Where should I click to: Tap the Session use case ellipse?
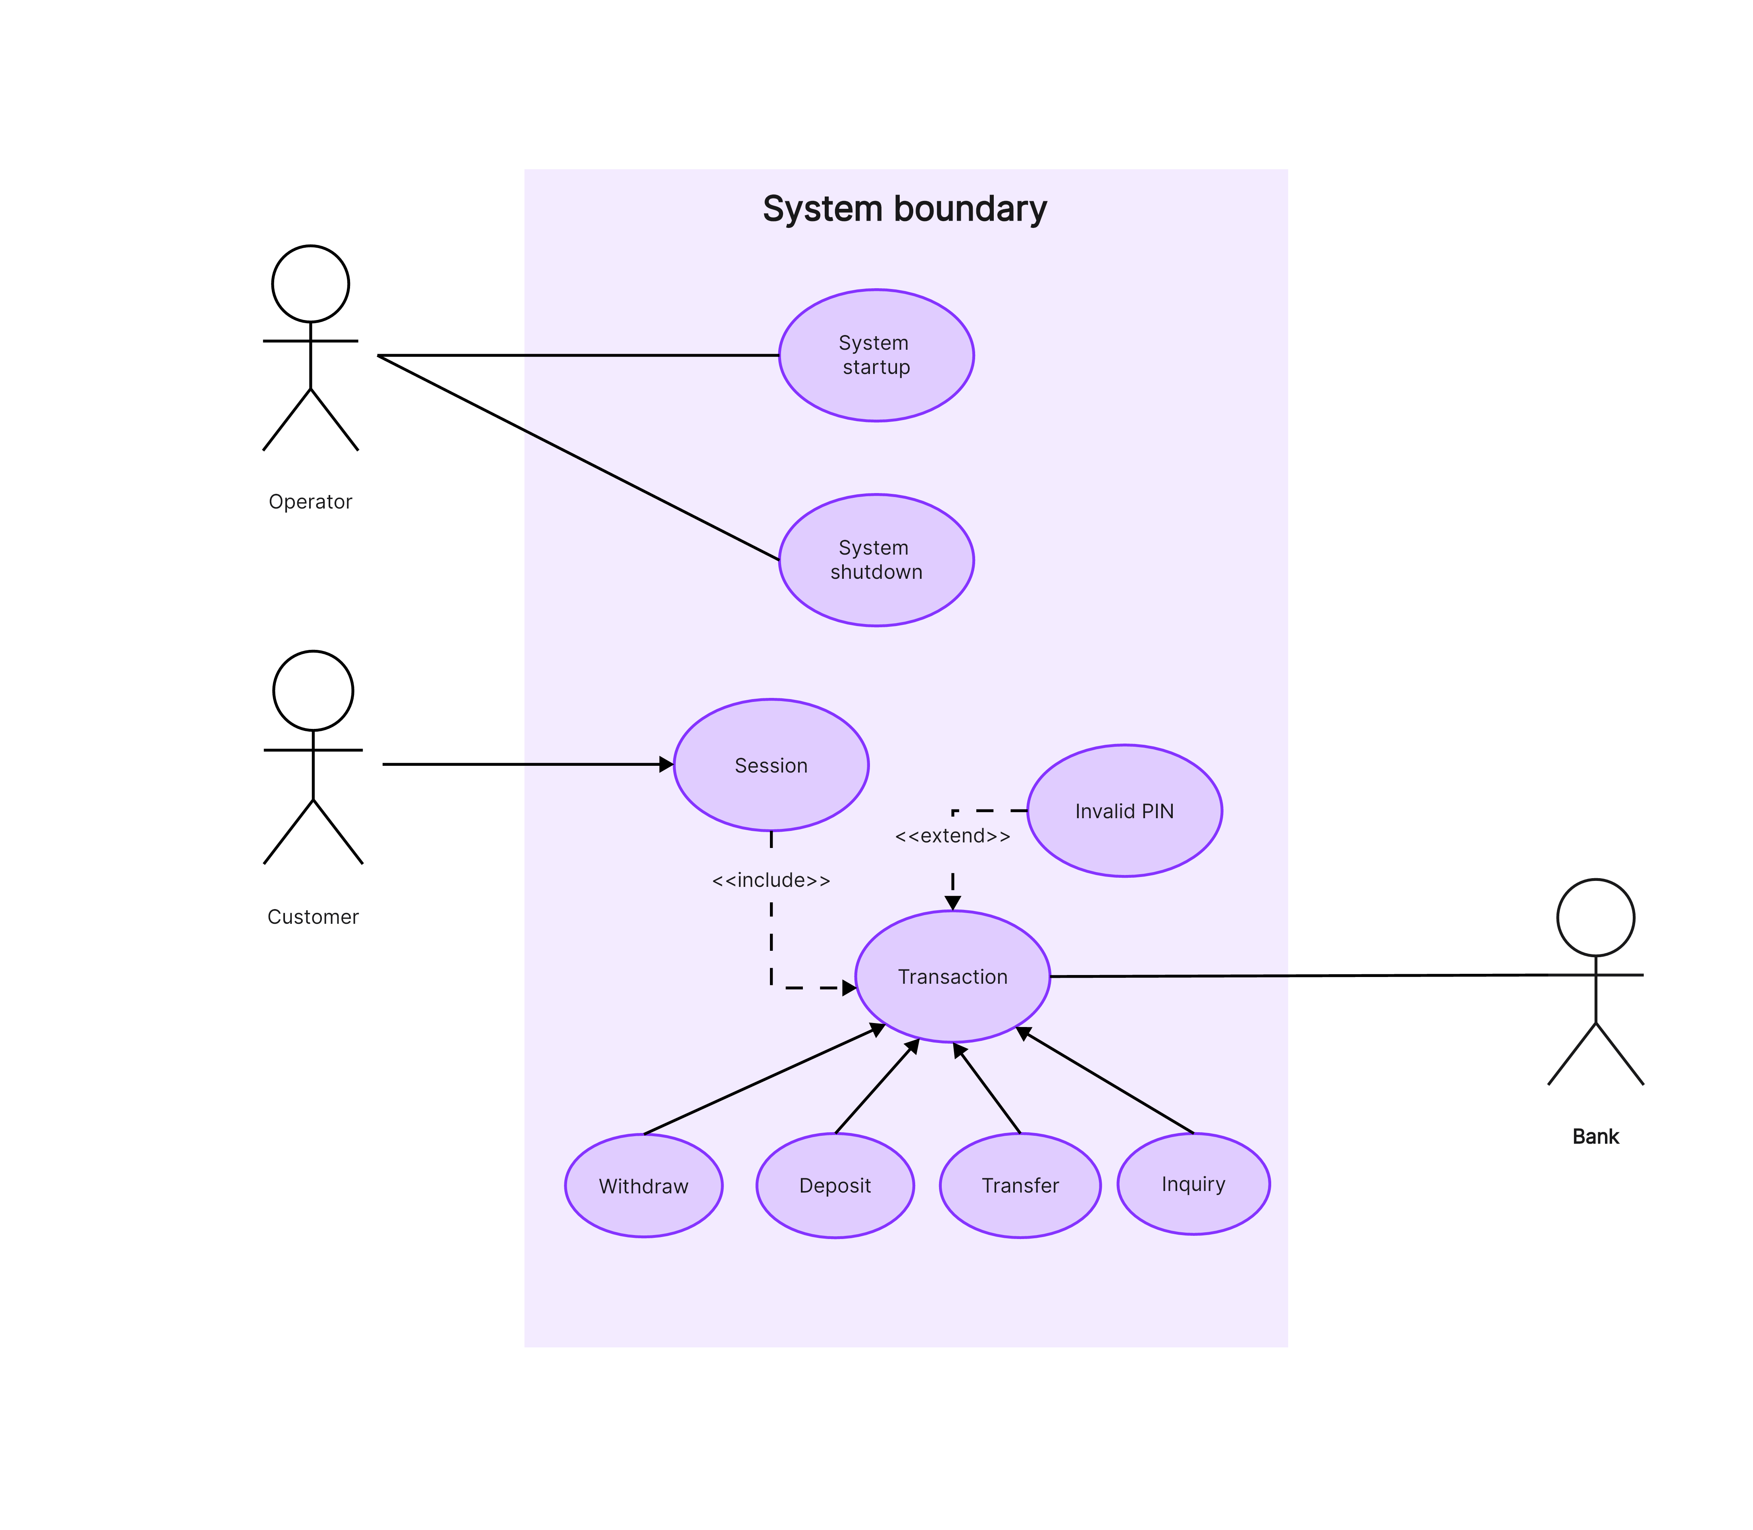[x=771, y=765]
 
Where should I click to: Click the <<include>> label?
[x=771, y=880]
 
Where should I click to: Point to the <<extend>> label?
[x=953, y=836]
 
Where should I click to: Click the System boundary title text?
[x=904, y=209]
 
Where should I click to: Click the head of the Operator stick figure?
[x=311, y=283]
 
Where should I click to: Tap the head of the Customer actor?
[x=313, y=691]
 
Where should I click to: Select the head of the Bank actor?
[x=1595, y=918]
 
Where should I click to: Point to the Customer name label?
[x=313, y=917]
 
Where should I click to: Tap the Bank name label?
[x=1595, y=1137]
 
